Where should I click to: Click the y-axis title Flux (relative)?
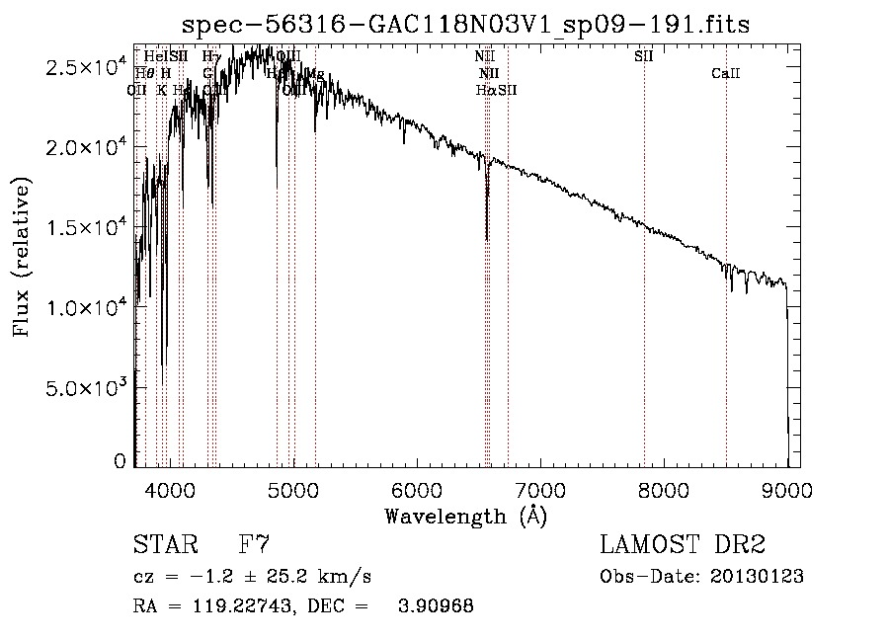point(21,257)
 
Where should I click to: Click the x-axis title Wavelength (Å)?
point(465,515)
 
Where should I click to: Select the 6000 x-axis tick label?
point(417,488)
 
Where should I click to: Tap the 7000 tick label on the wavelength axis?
point(540,488)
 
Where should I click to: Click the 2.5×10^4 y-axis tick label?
point(87,67)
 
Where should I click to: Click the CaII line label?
point(726,74)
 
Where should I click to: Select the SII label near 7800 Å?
point(644,56)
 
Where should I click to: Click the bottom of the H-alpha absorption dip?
point(487,238)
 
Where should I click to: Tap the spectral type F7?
point(254,545)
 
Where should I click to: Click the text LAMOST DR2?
point(683,545)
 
